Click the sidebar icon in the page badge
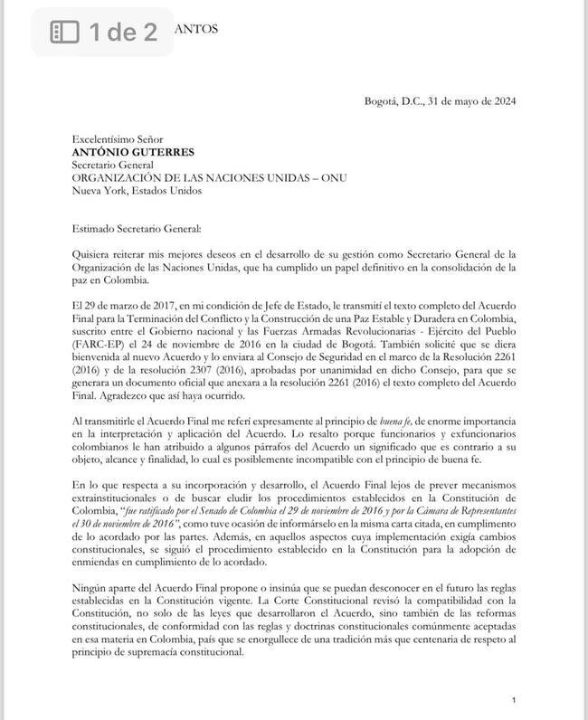click(64, 33)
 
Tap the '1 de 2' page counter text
click(123, 33)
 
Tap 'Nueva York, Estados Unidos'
click(138, 191)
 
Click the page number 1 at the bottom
click(513, 700)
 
